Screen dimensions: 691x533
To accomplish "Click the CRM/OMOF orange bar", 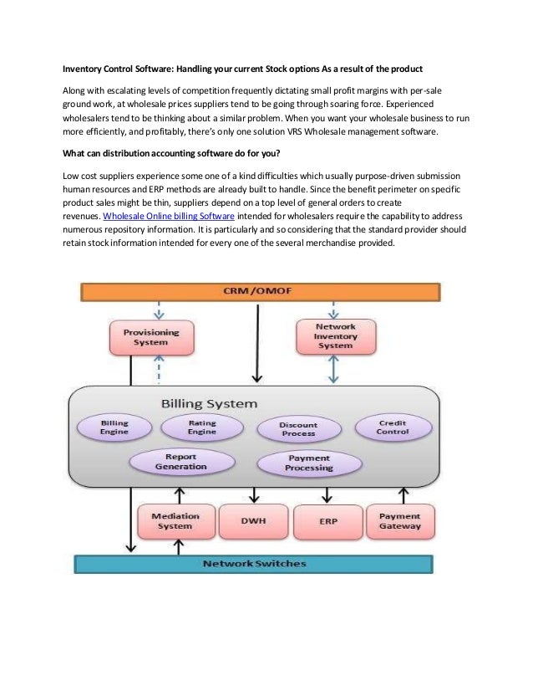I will coord(258,291).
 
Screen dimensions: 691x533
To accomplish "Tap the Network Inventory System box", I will coord(334,335).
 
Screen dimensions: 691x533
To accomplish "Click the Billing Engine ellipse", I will coord(114,428).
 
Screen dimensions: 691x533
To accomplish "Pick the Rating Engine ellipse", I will coord(201,428).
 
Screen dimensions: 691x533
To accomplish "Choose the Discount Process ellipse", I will coord(297,429).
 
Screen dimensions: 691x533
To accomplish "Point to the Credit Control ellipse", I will coord(393,427).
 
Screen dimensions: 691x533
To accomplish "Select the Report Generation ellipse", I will coord(180,462).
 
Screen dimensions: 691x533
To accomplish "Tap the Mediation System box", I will coord(175,521).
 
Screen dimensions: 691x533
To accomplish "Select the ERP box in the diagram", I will coord(328,521).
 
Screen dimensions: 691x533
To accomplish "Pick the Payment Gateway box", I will coord(400,521).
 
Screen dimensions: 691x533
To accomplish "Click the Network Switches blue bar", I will coord(255,563).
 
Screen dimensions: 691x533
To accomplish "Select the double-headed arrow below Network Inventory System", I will coord(334,369).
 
